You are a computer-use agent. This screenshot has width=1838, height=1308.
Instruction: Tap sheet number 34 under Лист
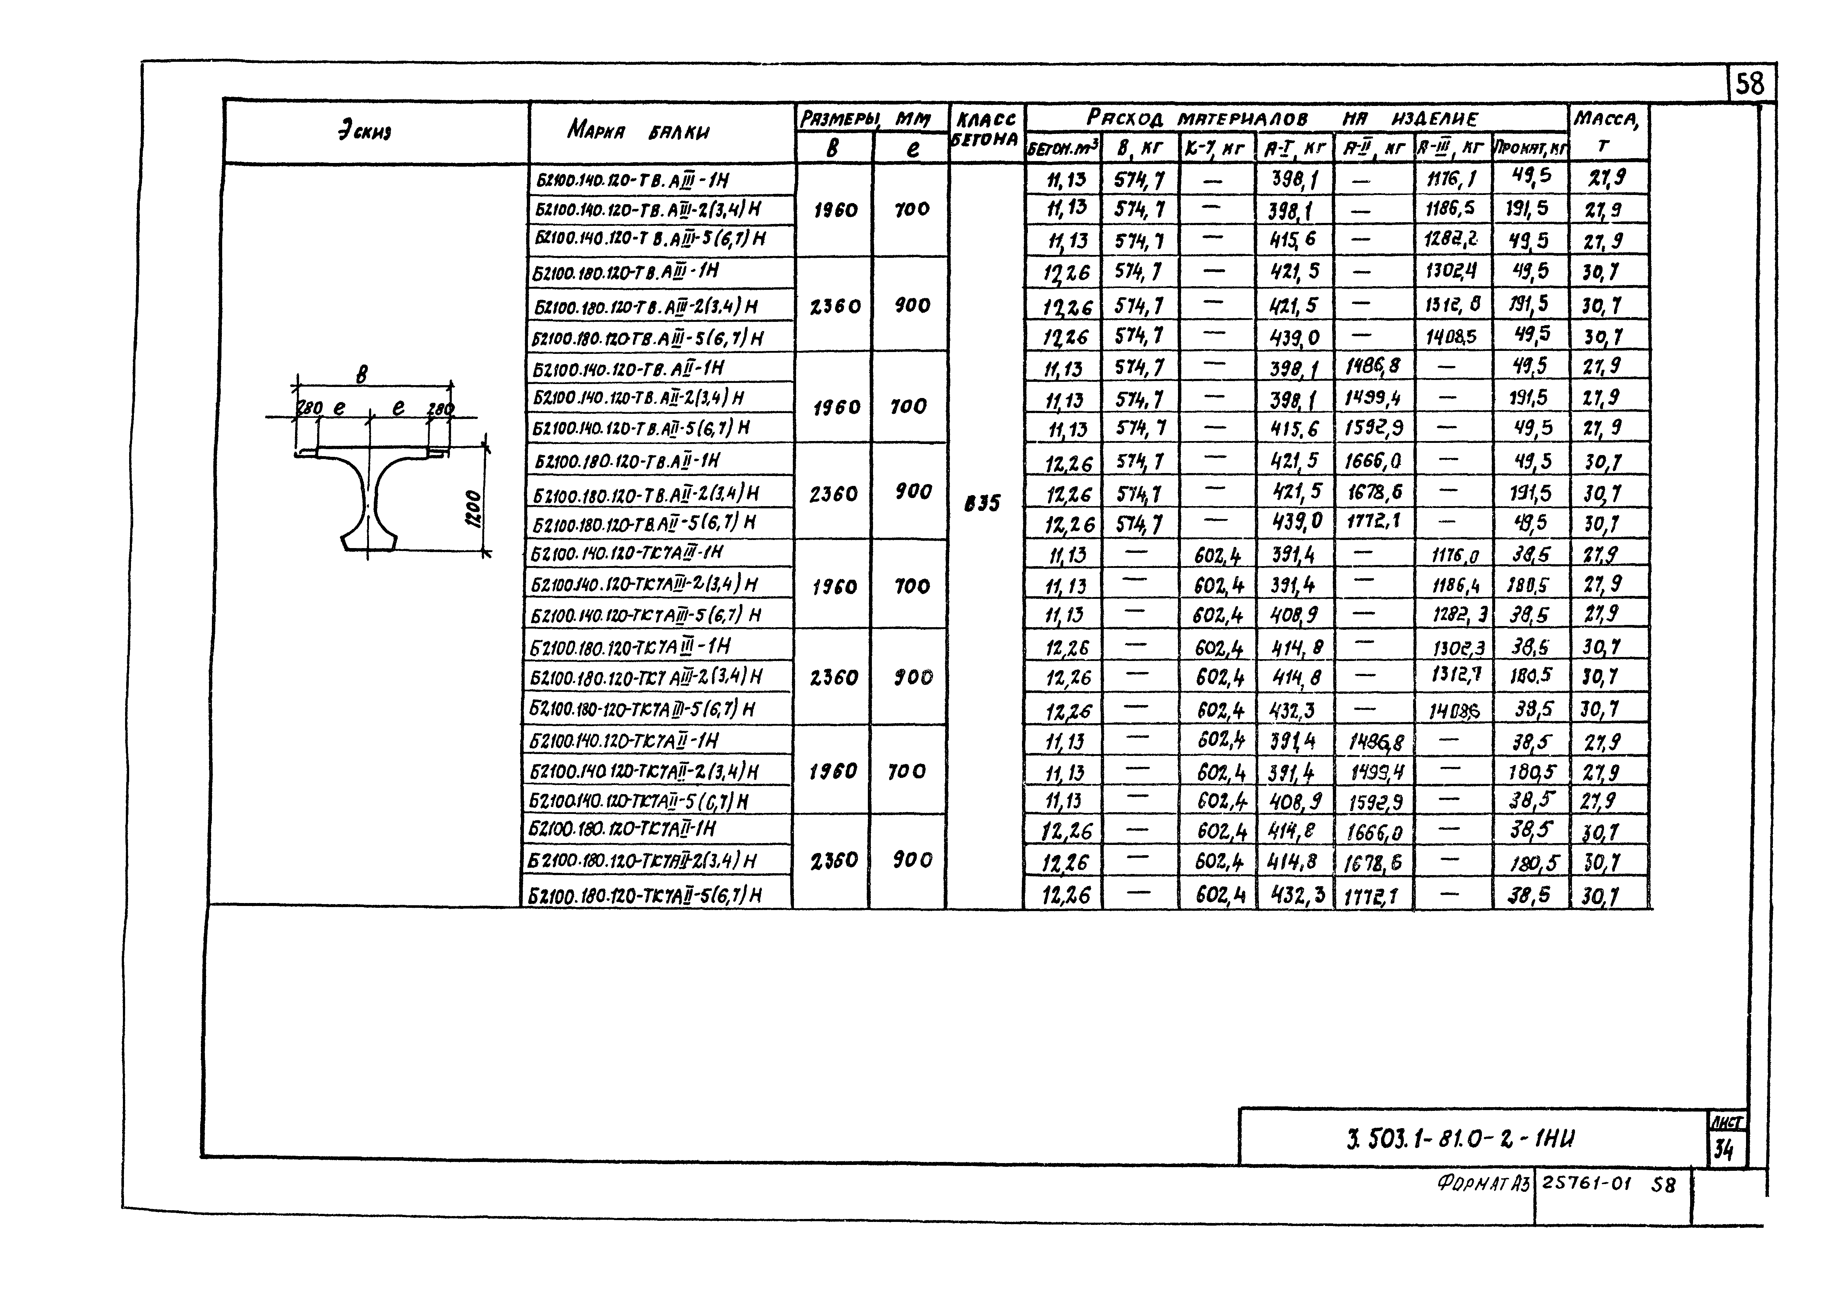tap(1724, 1150)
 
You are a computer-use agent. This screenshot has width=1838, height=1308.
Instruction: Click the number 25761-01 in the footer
tap(1587, 1185)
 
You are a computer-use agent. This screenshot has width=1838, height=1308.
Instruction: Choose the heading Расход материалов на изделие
tap(1282, 118)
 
